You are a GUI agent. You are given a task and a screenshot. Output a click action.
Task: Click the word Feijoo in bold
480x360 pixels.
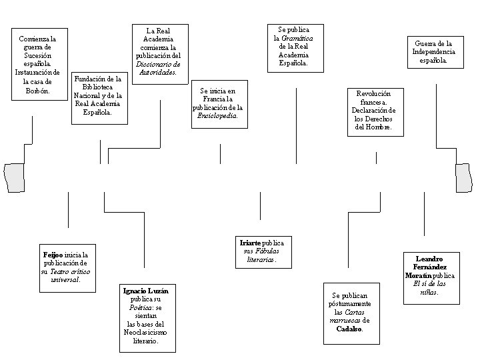[x=54, y=255]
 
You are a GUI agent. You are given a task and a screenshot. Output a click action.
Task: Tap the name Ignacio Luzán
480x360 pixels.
[x=145, y=291]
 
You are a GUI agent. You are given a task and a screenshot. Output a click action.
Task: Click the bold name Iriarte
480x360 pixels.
[x=251, y=243]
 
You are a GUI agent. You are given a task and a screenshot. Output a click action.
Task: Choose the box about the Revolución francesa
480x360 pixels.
[x=374, y=111]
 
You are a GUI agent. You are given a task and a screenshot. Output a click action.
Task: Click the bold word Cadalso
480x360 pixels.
[x=349, y=329]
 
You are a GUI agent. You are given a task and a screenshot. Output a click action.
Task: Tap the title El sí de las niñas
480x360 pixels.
[x=429, y=287]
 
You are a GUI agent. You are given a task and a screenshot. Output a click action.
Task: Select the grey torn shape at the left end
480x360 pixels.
[x=13, y=177]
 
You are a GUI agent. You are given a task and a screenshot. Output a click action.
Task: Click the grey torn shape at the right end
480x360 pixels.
[x=463, y=177]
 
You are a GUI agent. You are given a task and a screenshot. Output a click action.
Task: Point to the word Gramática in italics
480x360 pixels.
[x=297, y=39]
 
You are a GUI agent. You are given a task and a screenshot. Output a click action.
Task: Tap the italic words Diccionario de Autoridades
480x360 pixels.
[x=157, y=68]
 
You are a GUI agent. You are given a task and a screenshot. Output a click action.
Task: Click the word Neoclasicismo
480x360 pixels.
[x=145, y=332]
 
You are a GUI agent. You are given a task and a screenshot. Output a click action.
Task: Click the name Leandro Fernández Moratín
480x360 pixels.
[x=429, y=267]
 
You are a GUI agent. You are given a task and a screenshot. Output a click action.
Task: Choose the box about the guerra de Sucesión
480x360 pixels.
[x=39, y=64]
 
